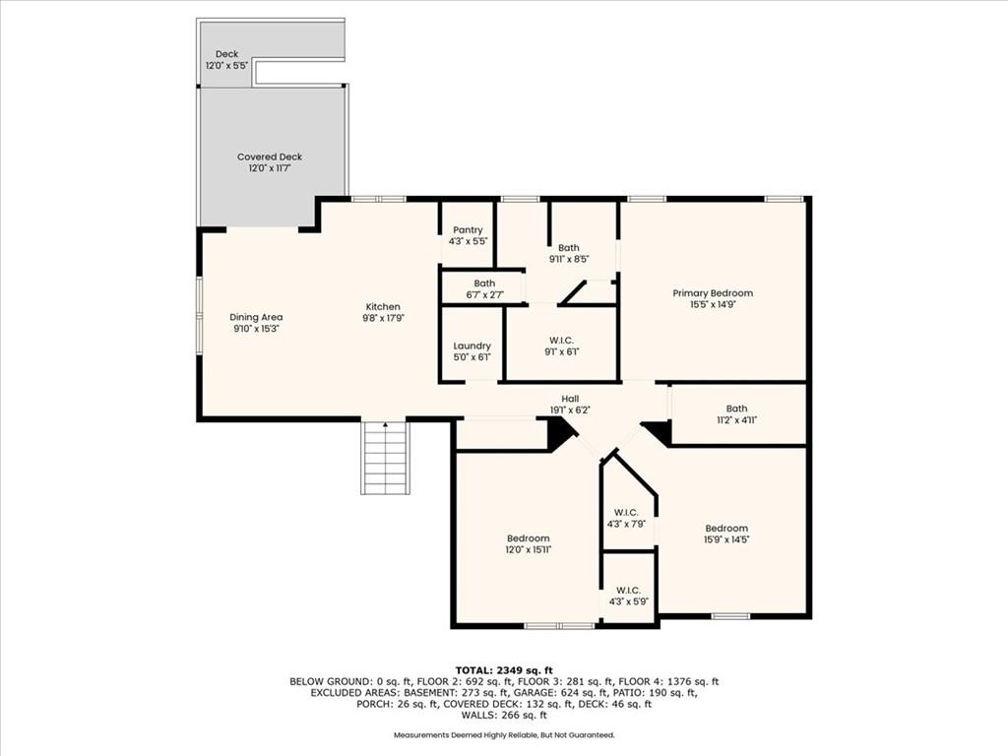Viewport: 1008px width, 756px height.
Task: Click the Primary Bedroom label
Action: coord(713,293)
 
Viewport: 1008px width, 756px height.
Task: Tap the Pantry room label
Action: coord(468,230)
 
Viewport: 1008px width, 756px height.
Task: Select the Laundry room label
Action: coord(472,346)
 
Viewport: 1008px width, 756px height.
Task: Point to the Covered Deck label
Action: coord(270,157)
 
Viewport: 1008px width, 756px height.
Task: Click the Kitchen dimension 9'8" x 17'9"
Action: coord(383,318)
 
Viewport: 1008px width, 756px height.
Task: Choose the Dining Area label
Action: coord(256,317)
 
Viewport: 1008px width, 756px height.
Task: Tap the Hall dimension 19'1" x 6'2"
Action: coord(570,410)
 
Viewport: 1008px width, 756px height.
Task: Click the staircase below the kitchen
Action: coord(385,457)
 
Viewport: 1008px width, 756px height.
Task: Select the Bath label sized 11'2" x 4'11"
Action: coord(736,409)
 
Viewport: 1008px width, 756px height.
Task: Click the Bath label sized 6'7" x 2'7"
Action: coord(484,283)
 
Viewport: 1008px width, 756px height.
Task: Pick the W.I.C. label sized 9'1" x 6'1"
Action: coord(562,341)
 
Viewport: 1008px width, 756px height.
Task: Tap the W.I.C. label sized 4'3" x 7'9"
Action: coord(626,513)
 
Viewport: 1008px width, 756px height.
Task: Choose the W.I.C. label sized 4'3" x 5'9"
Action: coord(628,591)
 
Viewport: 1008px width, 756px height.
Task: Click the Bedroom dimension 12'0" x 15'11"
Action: coord(529,550)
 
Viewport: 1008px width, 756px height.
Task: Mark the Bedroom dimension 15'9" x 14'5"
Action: coord(726,540)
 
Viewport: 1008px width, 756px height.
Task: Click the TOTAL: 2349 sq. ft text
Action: coord(504,670)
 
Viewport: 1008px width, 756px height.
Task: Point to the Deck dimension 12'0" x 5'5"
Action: coord(227,66)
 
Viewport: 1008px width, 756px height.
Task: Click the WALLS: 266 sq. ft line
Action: coord(504,715)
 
